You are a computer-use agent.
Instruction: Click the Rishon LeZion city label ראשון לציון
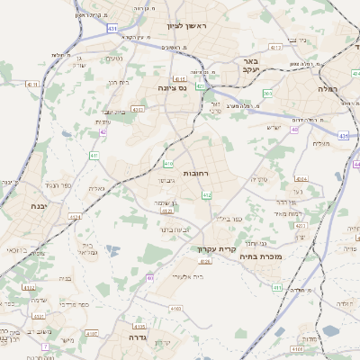(185, 25)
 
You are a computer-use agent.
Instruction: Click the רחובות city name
(196, 172)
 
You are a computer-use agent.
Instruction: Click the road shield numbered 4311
(34, 84)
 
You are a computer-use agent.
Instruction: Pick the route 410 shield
(169, 164)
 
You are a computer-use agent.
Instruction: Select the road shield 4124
(75, 217)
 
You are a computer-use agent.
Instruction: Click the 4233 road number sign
(301, 226)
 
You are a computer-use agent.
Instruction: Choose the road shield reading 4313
(276, 47)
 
